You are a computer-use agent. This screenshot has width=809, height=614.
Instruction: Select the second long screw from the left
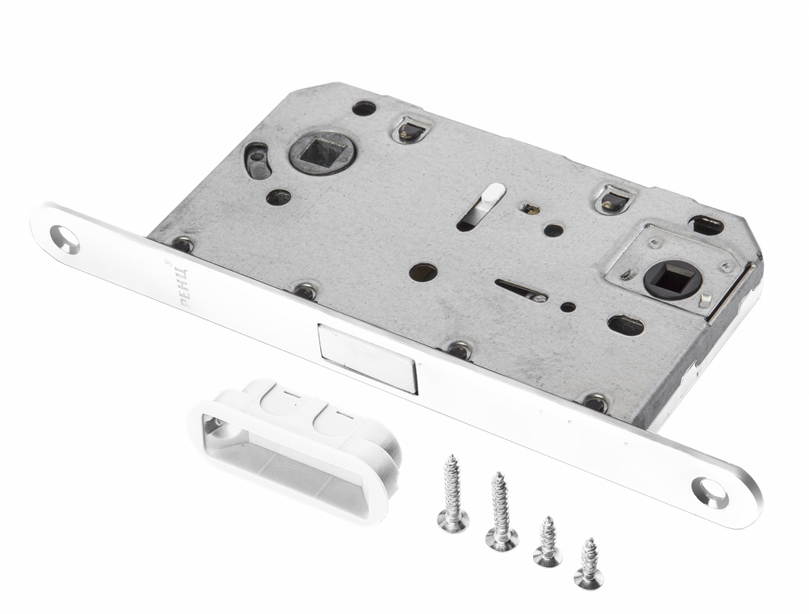tap(498, 510)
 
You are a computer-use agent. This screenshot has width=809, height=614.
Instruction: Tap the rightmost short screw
tap(587, 561)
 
